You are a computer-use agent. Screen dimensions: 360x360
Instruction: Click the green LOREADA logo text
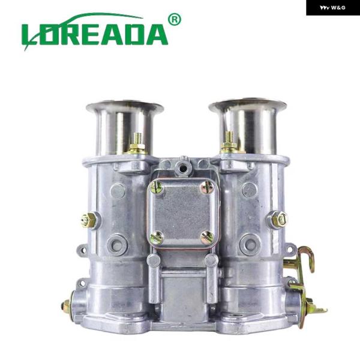point(95,32)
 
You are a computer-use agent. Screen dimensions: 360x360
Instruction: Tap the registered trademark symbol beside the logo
point(175,20)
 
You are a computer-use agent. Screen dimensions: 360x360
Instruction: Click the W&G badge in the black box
point(332,8)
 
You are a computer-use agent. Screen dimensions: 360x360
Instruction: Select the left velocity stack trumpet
point(125,128)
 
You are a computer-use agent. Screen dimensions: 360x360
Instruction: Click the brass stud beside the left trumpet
point(137,143)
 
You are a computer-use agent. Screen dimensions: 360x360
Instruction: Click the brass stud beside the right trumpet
point(229,142)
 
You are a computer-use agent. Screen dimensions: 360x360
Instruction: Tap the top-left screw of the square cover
point(157,187)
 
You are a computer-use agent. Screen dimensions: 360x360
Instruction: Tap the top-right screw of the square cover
point(208,188)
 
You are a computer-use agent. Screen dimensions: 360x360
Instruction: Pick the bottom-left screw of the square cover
point(157,238)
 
